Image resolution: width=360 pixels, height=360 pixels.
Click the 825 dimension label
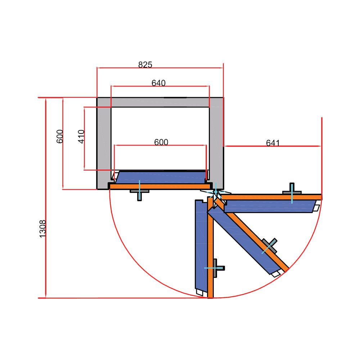(145, 65)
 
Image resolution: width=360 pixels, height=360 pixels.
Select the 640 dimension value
(158, 83)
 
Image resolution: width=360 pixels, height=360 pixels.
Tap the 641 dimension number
(273, 143)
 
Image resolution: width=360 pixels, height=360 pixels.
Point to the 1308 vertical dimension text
(43, 229)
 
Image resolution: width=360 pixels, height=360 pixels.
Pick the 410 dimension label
(81, 136)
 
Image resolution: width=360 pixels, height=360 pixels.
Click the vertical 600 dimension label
(60, 136)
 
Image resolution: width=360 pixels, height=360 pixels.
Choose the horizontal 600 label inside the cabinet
(161, 142)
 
